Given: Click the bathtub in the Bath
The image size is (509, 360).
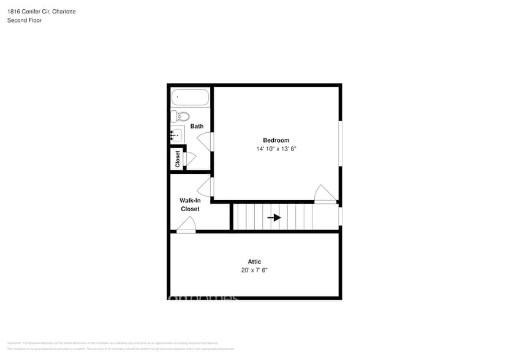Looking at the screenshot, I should [190, 97].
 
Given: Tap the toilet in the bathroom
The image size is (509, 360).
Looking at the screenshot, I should [181, 116].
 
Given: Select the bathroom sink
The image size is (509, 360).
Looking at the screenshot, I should [176, 135].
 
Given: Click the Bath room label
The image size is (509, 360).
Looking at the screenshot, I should [197, 126].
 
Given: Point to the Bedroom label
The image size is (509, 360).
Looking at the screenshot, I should [276, 140].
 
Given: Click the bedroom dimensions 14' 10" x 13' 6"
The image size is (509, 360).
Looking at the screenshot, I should [276, 149].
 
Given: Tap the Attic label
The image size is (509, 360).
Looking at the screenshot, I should [254, 261].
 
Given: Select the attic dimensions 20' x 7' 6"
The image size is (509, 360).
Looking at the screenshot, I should [254, 270].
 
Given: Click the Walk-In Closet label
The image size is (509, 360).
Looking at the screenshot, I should [190, 204].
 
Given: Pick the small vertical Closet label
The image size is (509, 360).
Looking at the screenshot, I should [178, 159].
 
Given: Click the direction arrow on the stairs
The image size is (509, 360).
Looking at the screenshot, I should [274, 217].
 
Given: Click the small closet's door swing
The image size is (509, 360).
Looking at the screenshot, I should [189, 159].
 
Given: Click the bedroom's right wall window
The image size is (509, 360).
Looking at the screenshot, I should [340, 143].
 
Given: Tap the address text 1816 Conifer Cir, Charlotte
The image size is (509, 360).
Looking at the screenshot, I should [42, 12].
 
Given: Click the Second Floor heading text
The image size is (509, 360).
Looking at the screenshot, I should [25, 20].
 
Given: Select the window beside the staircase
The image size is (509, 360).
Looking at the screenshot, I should [340, 216].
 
